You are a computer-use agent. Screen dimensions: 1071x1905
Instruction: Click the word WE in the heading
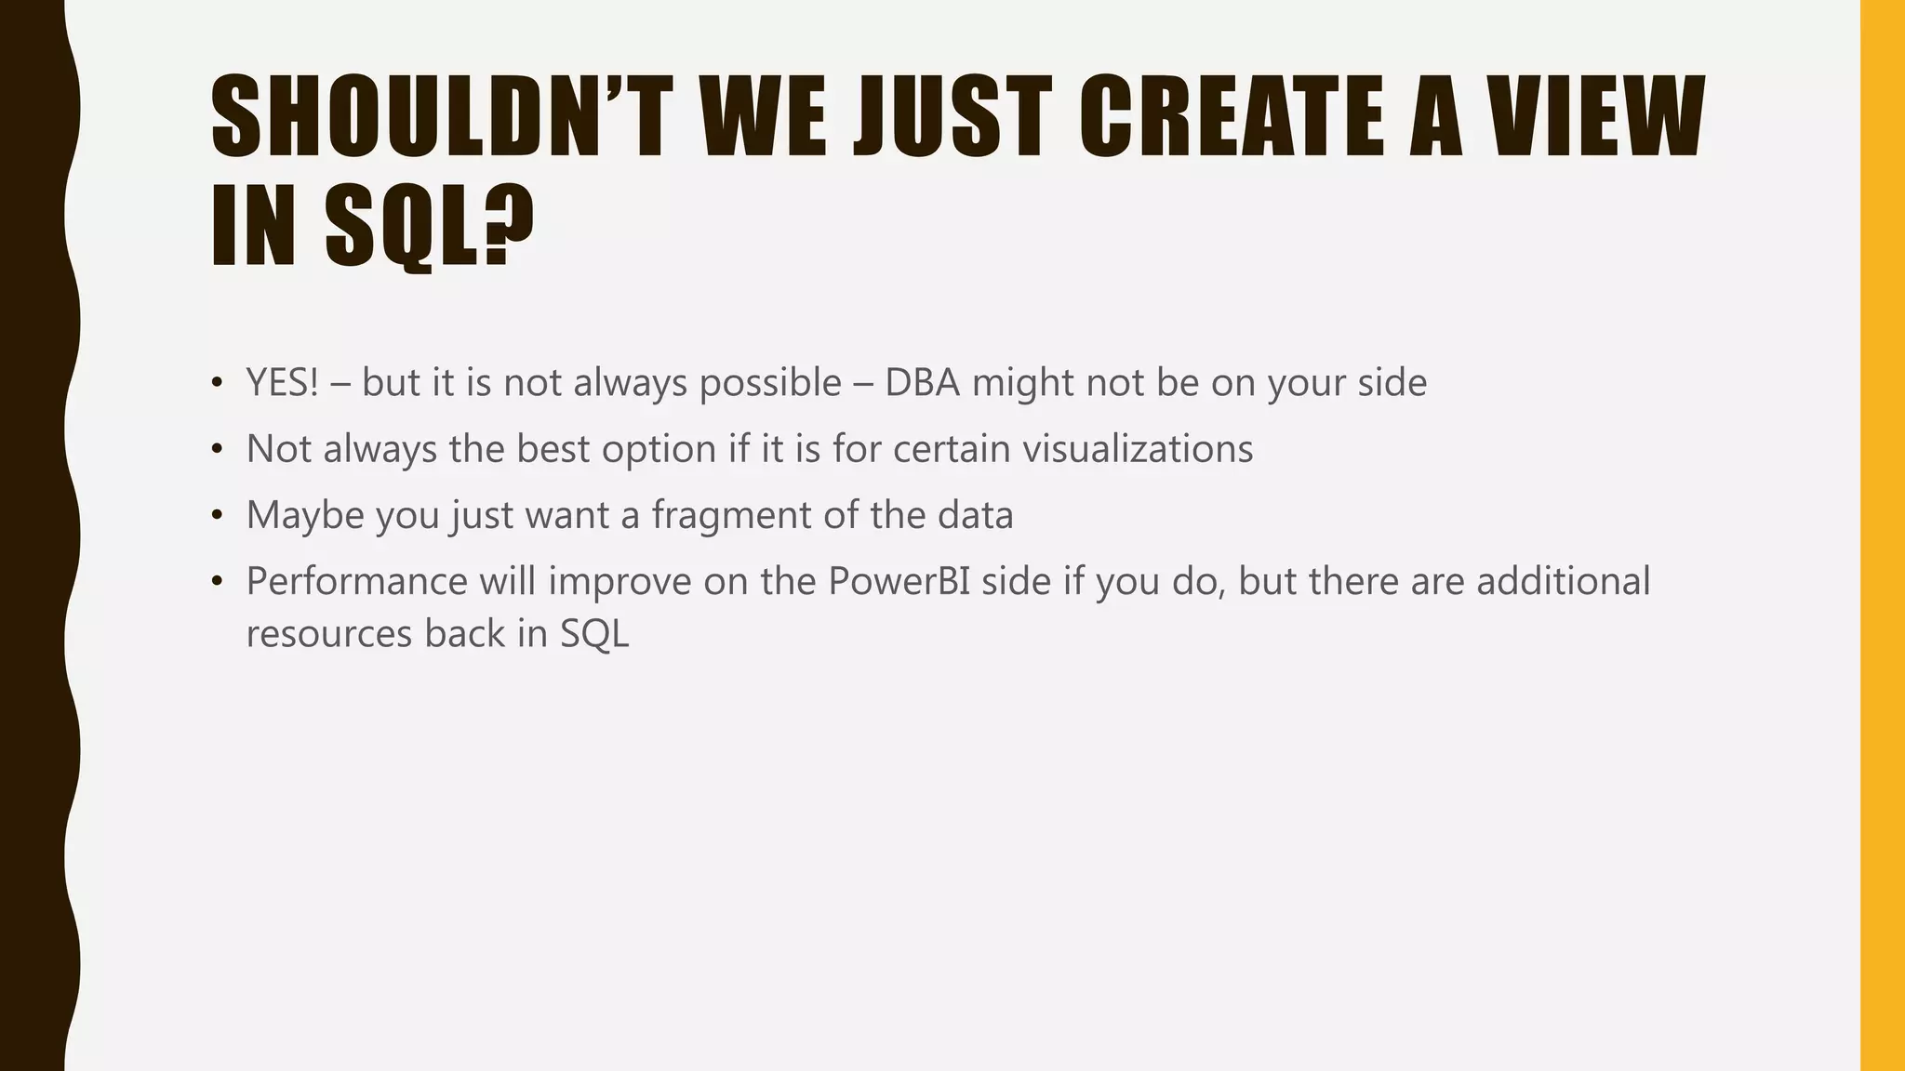(763, 117)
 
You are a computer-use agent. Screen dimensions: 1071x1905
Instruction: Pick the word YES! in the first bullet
(282, 383)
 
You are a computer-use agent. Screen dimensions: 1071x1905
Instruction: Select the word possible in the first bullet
(770, 383)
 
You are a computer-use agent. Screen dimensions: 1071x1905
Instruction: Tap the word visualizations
(1138, 449)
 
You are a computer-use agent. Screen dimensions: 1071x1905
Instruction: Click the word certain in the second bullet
(951, 449)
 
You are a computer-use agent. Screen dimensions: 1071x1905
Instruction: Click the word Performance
(357, 582)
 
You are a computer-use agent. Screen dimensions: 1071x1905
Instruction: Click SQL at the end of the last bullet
(593, 634)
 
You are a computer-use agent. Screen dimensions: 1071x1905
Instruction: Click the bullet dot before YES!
(218, 383)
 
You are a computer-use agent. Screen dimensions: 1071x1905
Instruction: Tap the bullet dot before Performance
(218, 582)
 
